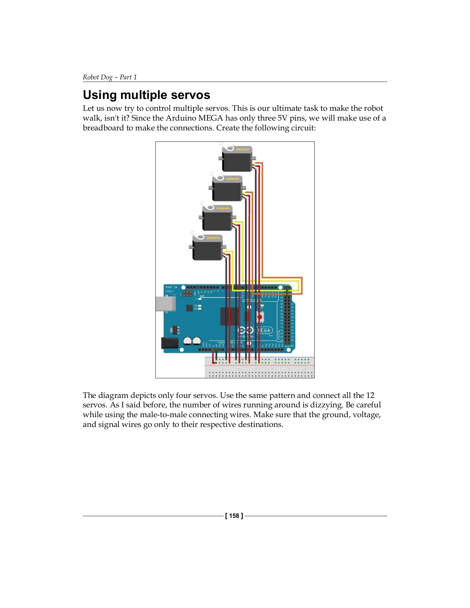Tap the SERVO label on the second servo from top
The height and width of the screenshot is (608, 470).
click(x=232, y=179)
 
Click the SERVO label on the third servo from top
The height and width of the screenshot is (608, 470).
click(x=223, y=208)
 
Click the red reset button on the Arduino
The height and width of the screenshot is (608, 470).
click(x=259, y=317)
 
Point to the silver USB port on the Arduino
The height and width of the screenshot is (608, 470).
click(x=165, y=304)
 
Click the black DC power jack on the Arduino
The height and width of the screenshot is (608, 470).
click(x=170, y=343)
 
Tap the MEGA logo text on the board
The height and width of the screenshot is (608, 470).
click(x=264, y=330)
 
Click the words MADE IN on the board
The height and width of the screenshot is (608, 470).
click(x=171, y=287)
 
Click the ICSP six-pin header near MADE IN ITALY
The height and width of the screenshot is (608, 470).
click(x=188, y=294)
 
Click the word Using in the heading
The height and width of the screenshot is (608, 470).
click(x=100, y=95)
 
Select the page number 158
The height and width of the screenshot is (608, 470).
click(x=234, y=516)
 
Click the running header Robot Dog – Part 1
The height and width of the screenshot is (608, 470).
click(x=110, y=77)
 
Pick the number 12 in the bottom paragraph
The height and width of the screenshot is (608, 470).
click(x=370, y=395)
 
